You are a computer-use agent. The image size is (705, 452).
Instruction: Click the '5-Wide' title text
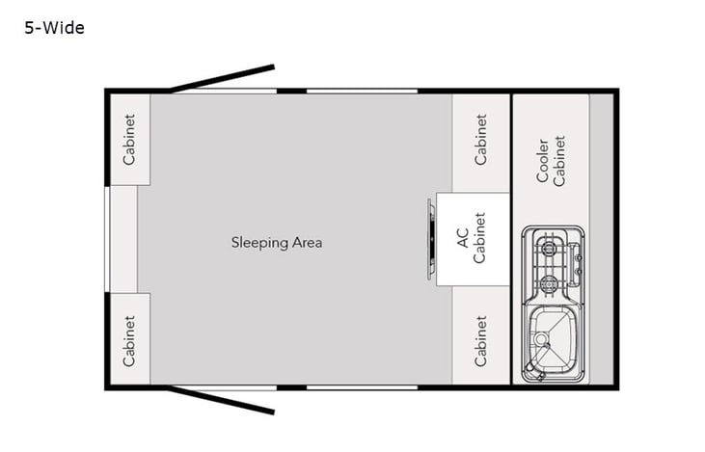point(55,28)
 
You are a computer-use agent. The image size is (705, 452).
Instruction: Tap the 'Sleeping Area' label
point(276,242)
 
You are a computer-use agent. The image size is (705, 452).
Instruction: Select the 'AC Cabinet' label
point(473,239)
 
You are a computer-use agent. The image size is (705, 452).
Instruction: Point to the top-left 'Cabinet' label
point(128,139)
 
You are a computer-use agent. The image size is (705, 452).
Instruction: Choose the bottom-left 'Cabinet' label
point(128,341)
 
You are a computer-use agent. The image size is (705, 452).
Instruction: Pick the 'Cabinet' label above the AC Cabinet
point(480,139)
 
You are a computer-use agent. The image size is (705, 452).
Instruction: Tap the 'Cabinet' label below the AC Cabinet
point(480,341)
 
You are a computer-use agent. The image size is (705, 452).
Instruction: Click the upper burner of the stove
point(550,249)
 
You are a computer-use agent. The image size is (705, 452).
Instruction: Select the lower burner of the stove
point(550,282)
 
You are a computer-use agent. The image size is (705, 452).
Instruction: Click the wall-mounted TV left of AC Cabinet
point(430,239)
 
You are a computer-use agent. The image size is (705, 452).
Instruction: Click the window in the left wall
point(107,238)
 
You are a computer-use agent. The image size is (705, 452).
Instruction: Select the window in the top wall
point(362,91)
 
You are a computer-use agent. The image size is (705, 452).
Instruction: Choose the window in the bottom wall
point(362,387)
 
